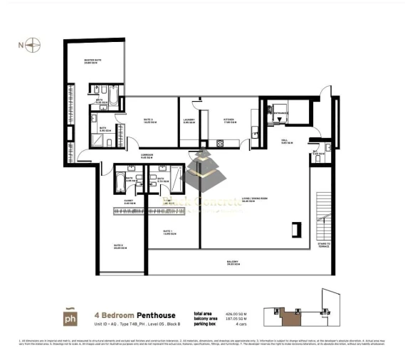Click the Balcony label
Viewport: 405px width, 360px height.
tap(232, 263)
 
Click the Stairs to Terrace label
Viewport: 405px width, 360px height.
tap(323, 245)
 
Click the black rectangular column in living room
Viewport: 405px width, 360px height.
tap(295, 231)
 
